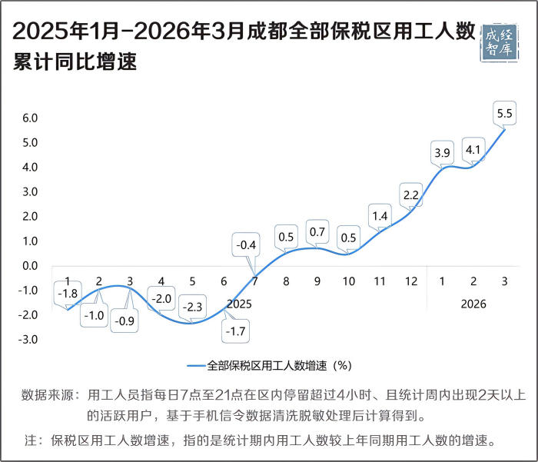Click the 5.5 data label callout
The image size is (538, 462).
coord(505,114)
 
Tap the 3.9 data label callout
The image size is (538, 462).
coord(443,153)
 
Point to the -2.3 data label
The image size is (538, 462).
coord(193,307)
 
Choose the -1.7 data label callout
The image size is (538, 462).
coord(235,332)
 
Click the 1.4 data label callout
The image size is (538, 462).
coord(379,216)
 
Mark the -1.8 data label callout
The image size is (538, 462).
coord(68,293)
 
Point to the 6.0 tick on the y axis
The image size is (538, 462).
coord(31,118)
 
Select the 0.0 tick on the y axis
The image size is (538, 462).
coord(31,266)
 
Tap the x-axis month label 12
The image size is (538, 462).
coord(411,281)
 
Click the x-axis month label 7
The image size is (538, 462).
coord(254,281)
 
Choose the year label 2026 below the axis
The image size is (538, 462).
coord(473,304)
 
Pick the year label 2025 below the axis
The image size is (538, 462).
coord(239,304)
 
